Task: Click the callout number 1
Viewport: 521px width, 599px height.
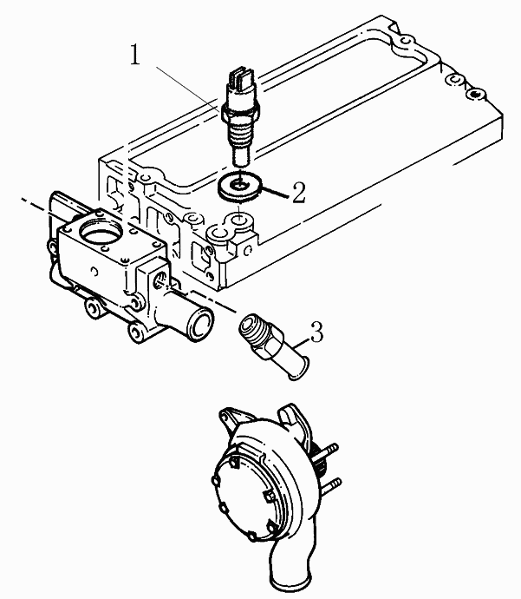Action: [x=135, y=55]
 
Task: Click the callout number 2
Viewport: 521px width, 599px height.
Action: [x=299, y=192]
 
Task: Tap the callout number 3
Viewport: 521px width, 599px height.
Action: [x=316, y=332]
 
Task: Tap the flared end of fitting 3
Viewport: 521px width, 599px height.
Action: [x=296, y=370]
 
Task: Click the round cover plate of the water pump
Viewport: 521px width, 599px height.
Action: [x=244, y=492]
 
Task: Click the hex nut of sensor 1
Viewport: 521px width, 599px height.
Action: [x=241, y=110]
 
